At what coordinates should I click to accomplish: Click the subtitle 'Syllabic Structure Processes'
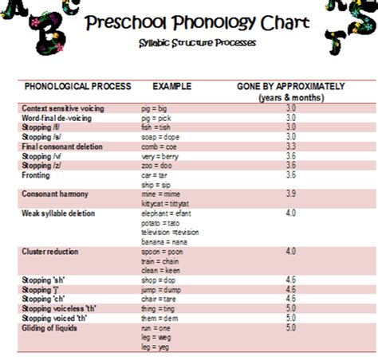195,43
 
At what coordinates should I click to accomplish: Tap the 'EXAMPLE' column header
171,85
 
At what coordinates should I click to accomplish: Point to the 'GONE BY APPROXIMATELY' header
291,85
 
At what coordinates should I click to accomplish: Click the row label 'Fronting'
36,175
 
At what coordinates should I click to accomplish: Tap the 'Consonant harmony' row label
55,194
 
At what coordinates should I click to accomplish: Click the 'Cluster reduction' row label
50,252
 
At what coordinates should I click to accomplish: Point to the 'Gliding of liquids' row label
52,328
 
